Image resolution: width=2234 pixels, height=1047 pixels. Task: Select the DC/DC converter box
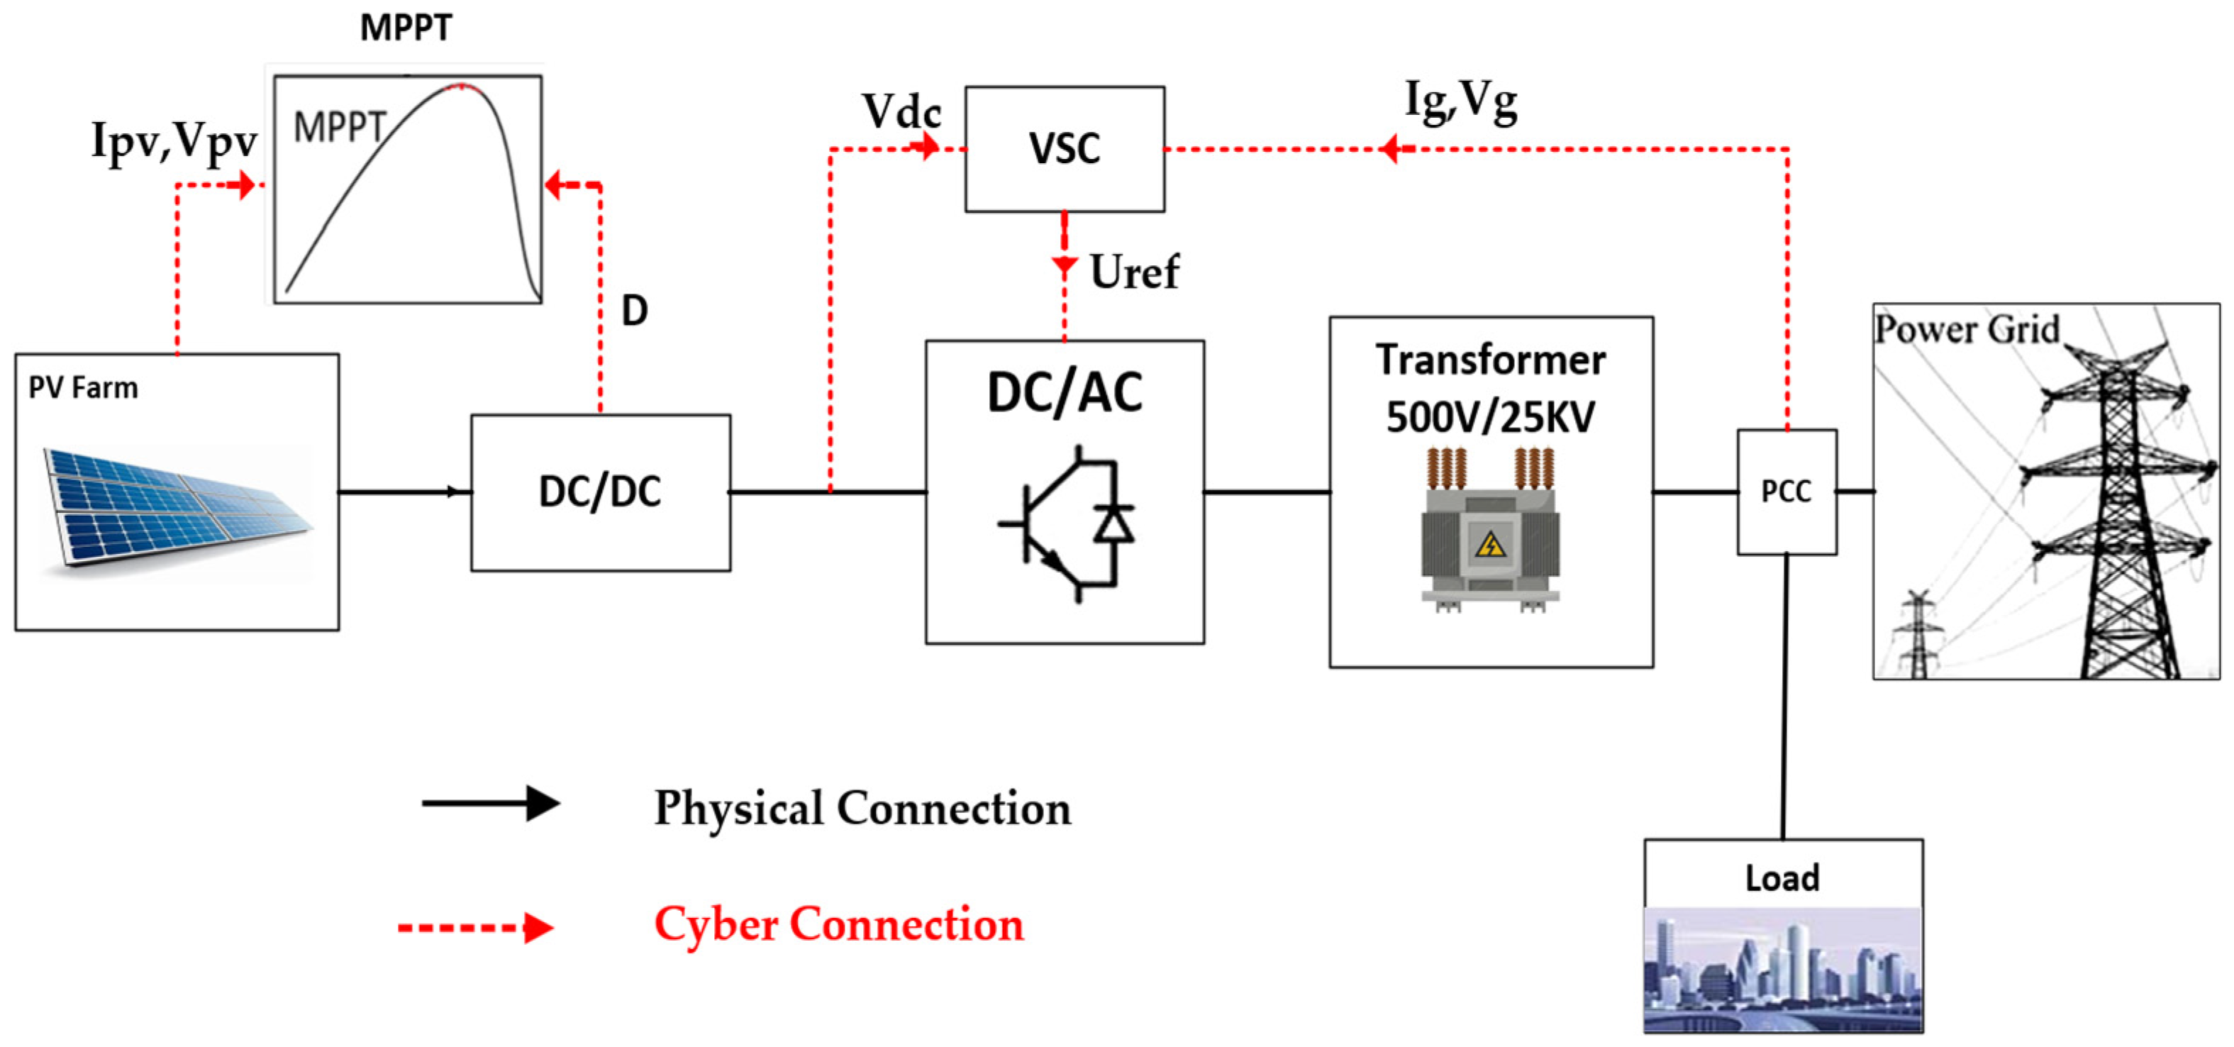tap(600, 492)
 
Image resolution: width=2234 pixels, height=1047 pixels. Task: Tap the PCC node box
tap(1786, 491)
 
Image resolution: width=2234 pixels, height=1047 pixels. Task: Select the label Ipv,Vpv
tap(174, 140)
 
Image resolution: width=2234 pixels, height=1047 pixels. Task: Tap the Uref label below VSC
tap(1133, 272)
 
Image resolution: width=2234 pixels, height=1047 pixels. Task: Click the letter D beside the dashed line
tap(634, 311)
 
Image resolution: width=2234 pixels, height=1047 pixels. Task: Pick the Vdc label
tap(901, 112)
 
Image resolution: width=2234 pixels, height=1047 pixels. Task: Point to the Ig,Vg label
tap(1460, 101)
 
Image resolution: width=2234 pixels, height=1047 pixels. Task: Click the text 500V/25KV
tap(1489, 417)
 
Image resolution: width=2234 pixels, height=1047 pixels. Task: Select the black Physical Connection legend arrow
tap(491, 803)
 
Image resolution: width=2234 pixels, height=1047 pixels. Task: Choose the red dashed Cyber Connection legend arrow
tap(475, 927)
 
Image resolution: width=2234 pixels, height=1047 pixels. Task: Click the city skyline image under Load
tap(1782, 969)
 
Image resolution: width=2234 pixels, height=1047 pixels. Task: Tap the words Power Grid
tap(1966, 330)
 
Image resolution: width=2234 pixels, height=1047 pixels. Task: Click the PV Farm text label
tap(83, 388)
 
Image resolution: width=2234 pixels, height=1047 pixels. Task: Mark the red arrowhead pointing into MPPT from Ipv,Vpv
tap(246, 184)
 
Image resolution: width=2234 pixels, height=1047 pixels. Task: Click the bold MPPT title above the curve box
tap(406, 28)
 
